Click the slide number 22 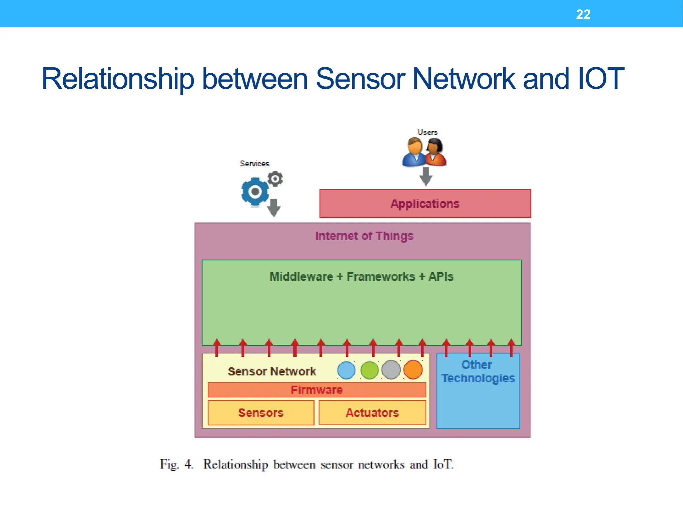pyautogui.click(x=583, y=14)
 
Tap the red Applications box pyautogui.click(x=425, y=204)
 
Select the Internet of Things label pyautogui.click(x=364, y=236)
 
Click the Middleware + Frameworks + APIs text pyautogui.click(x=362, y=277)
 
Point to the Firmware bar pyautogui.click(x=316, y=390)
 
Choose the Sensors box pyautogui.click(x=261, y=413)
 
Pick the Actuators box pyautogui.click(x=372, y=413)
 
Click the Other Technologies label pyautogui.click(x=478, y=371)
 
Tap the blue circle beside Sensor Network pyautogui.click(x=347, y=370)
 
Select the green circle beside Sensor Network pyautogui.click(x=370, y=370)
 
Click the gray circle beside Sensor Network pyautogui.click(x=391, y=370)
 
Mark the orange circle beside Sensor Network pyautogui.click(x=413, y=370)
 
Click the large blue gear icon pyautogui.click(x=255, y=192)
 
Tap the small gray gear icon pyautogui.click(x=275, y=179)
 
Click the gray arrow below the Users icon pyautogui.click(x=426, y=176)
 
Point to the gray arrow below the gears pyautogui.click(x=274, y=207)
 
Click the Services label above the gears pyautogui.click(x=254, y=164)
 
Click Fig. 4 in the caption pyautogui.click(x=176, y=464)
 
